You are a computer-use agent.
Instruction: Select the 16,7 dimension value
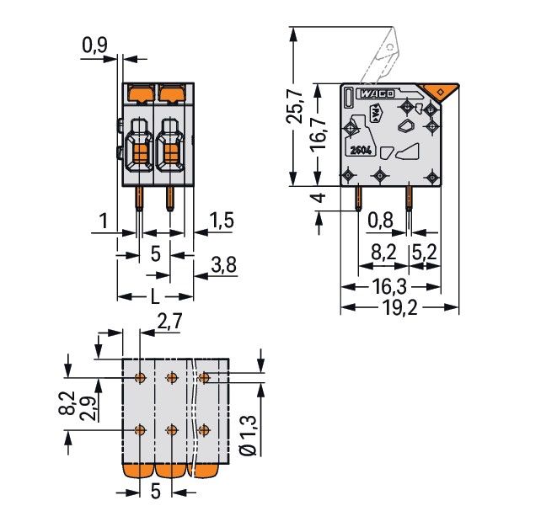click(x=319, y=133)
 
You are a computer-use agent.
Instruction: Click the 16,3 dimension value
click(x=389, y=286)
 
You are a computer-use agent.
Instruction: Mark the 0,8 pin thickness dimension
click(x=381, y=221)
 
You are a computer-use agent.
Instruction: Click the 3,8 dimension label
click(x=221, y=266)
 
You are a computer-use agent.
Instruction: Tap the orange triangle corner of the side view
click(x=439, y=91)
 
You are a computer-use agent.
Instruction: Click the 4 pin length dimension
click(x=319, y=199)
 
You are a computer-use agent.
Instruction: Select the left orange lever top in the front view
click(x=139, y=90)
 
